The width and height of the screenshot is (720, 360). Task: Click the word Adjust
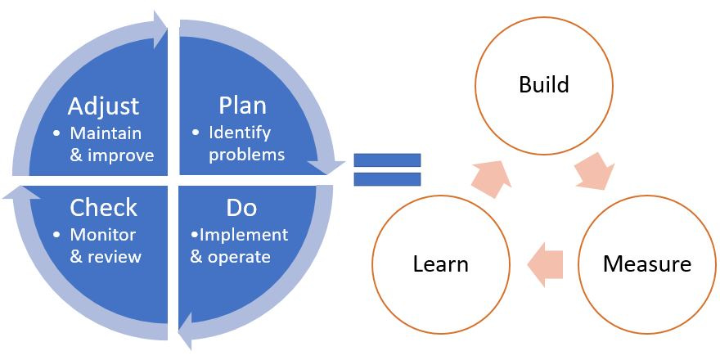(x=103, y=106)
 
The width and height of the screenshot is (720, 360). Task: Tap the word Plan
(x=242, y=106)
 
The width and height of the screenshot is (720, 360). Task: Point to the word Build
(x=544, y=84)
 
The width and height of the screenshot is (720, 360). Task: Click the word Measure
(x=646, y=264)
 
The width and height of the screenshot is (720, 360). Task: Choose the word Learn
(x=440, y=264)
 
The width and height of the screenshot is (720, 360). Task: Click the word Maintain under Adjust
(x=106, y=133)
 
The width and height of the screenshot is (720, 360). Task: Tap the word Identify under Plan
(x=239, y=133)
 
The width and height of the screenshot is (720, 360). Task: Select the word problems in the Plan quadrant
(x=246, y=155)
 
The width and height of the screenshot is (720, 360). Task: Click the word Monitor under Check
(x=103, y=235)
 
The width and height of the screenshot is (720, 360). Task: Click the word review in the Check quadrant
(x=115, y=257)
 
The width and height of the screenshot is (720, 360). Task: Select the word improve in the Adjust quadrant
(x=124, y=155)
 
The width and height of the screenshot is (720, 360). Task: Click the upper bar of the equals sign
(x=387, y=160)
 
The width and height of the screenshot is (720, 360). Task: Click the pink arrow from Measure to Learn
(x=546, y=263)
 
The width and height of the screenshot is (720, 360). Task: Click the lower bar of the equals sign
(x=387, y=179)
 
